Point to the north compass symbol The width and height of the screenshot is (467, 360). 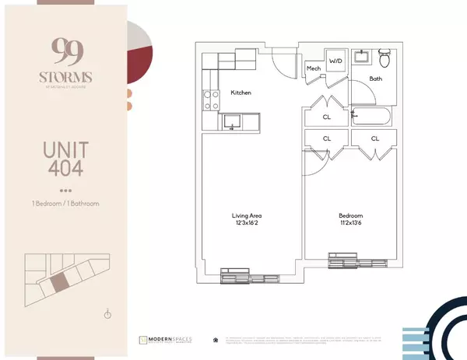coord(107,314)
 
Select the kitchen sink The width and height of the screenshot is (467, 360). coord(231,121)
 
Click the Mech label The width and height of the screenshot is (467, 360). coord(314,68)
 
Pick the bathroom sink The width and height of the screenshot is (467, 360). coord(362,58)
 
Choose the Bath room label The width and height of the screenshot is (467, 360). coord(376,79)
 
